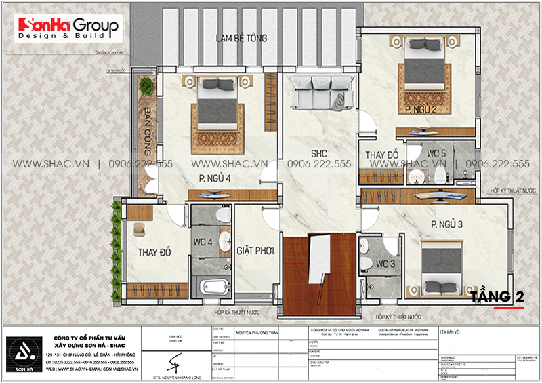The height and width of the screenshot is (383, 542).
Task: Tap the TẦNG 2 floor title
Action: (x=502, y=296)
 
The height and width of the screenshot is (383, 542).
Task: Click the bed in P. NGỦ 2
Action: (x=424, y=71)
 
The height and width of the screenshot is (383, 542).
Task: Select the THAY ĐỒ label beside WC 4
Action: (x=154, y=252)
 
